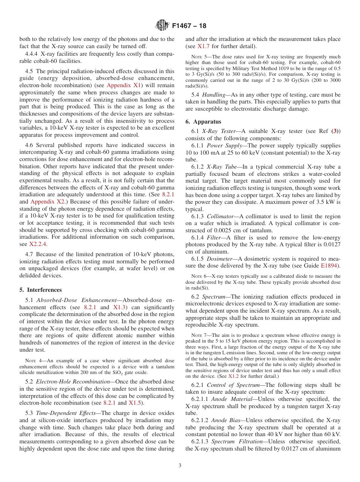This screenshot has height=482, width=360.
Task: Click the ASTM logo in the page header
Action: click(162, 26)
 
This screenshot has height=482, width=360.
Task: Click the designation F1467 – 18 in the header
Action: click(189, 26)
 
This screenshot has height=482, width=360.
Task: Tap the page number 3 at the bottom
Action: click(180, 465)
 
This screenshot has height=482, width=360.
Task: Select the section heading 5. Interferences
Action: click(41, 290)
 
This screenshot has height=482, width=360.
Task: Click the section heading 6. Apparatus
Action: click(203, 122)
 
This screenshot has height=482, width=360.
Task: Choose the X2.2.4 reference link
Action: click(38, 244)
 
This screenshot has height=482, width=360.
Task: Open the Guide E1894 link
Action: click(330, 265)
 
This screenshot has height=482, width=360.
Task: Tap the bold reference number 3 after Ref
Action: click(335, 131)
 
